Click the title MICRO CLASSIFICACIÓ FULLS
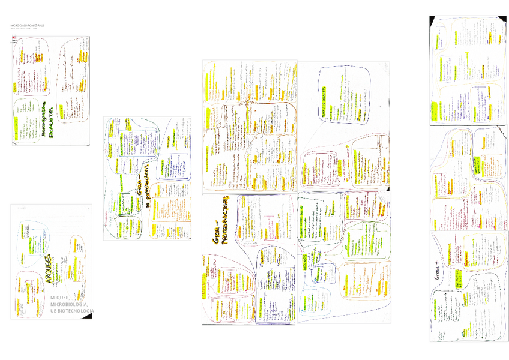(29, 26)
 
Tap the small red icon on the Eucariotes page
(14, 38)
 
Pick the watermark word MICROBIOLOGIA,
(71, 304)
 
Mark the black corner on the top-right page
(432, 20)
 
